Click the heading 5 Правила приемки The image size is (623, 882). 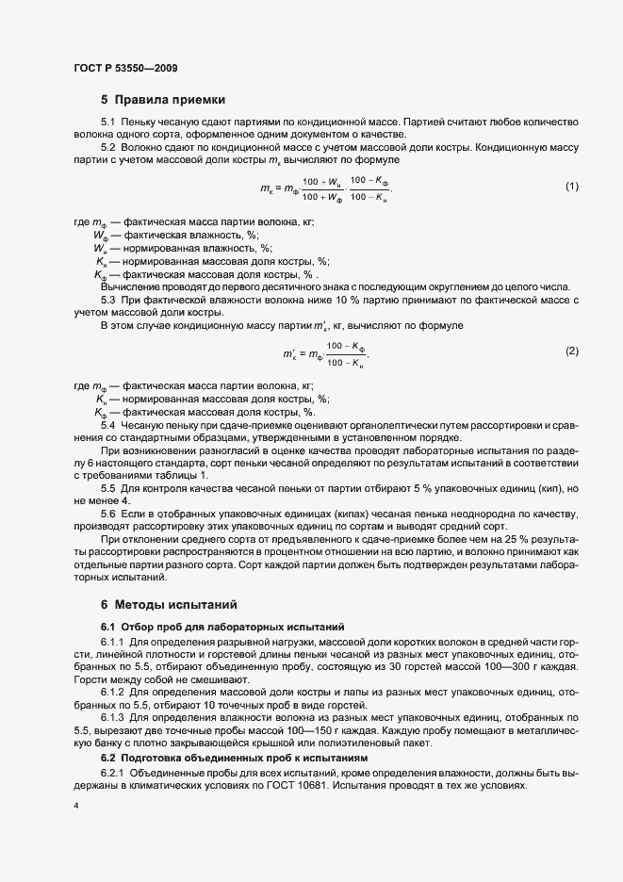[x=162, y=100]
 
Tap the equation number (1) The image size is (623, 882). [x=571, y=187]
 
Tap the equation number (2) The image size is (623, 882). [x=571, y=351]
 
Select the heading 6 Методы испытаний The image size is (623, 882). [x=169, y=603]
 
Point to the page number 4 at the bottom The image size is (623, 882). [x=74, y=807]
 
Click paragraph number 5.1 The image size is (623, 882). [x=108, y=122]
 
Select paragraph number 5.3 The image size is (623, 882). [x=108, y=300]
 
